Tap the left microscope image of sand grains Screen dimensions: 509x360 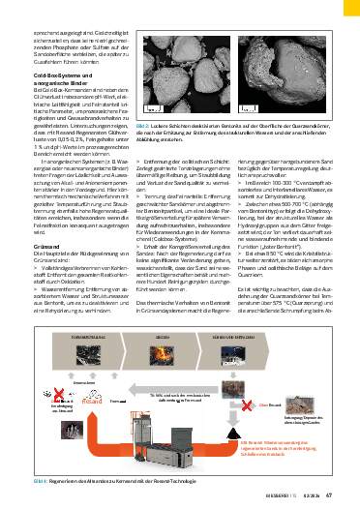tap(175, 78)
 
